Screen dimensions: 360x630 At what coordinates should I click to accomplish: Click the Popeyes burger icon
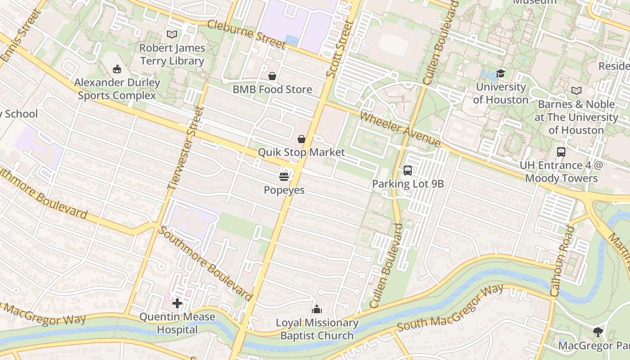tap(283, 177)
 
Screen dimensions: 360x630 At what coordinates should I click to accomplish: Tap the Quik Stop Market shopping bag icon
tap(301, 139)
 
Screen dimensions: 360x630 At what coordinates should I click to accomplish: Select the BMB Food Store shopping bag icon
tap(272, 76)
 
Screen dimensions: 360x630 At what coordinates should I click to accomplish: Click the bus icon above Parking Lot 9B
tap(408, 171)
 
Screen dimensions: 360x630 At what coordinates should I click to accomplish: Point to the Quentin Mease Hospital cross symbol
tap(177, 303)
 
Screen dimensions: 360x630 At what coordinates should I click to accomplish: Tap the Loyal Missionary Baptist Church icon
tap(317, 310)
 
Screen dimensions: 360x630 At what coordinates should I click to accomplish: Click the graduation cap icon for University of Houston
tap(500, 73)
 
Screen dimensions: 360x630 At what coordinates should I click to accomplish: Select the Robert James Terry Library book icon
tap(172, 34)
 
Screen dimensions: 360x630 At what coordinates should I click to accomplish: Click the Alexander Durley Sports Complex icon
tap(117, 69)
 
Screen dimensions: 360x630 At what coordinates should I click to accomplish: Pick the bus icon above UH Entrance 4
tap(561, 152)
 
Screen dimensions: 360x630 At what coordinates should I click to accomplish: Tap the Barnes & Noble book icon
tap(576, 90)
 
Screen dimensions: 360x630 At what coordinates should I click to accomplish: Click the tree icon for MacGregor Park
tap(598, 332)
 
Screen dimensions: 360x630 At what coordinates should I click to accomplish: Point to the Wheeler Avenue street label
tap(400, 129)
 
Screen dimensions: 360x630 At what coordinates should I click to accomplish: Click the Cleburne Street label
tap(247, 35)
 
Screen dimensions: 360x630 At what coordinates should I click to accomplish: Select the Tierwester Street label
tap(186, 148)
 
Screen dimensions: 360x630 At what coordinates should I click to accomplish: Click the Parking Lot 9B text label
tap(408, 184)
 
